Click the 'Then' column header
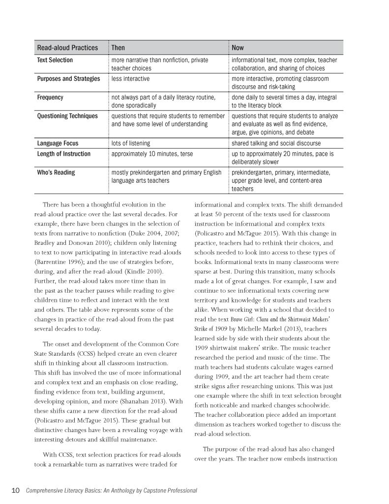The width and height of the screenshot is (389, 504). pos(118,48)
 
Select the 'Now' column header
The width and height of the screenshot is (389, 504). pos(238,48)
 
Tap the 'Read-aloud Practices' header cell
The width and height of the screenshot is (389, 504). pos(67,48)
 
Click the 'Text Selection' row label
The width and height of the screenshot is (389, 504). pos(55,60)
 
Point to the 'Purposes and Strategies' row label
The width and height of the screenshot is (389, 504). pos(68,79)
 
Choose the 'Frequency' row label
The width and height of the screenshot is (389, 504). pos(50,98)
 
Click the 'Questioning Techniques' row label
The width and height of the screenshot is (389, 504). pos(67,116)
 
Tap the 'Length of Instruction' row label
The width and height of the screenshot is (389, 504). pos(64,154)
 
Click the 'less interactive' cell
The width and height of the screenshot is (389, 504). pos(130,79)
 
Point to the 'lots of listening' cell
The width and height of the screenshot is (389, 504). pos(131,143)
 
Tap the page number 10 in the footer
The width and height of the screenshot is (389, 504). pos(15,490)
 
